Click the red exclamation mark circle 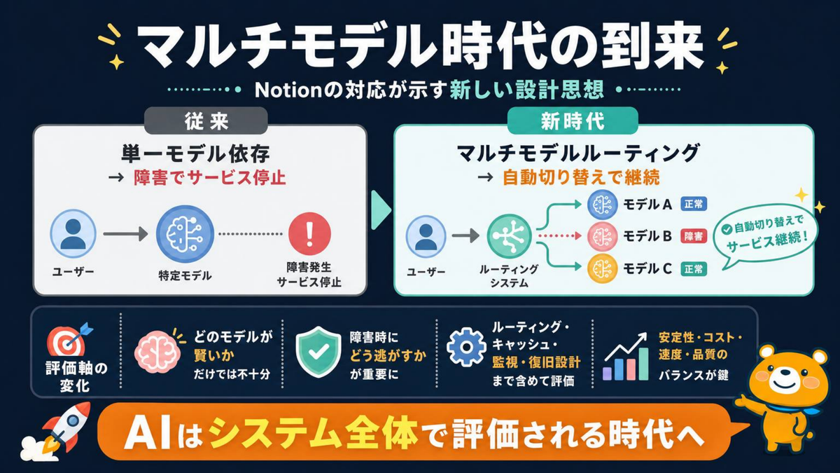pos(309,233)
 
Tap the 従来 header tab pos(206,121)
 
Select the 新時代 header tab pos(573,121)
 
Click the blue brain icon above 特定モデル pos(185,233)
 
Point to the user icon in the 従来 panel pos(73,233)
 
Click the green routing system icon pos(510,236)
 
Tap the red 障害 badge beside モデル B pos(694,236)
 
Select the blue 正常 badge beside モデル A pos(694,204)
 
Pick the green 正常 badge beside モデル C pos(694,269)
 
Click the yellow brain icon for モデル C pos(602,268)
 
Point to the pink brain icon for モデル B pos(602,237)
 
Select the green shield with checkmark pos(318,352)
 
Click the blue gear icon pos(466,347)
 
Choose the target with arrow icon pos(70,339)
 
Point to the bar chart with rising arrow pos(626,357)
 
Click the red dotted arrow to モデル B pos(559,236)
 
